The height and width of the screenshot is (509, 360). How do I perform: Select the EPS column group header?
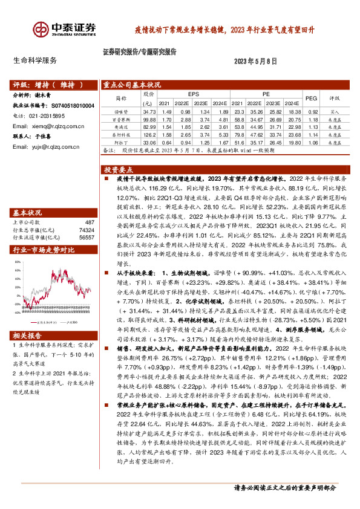193,94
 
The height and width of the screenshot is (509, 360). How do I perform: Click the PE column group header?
266,94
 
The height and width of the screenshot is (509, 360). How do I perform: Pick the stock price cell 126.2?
148,135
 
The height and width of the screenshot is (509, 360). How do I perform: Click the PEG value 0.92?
313,112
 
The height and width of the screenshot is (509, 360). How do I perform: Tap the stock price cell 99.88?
148,120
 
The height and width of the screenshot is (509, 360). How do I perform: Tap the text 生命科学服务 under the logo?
35,60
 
